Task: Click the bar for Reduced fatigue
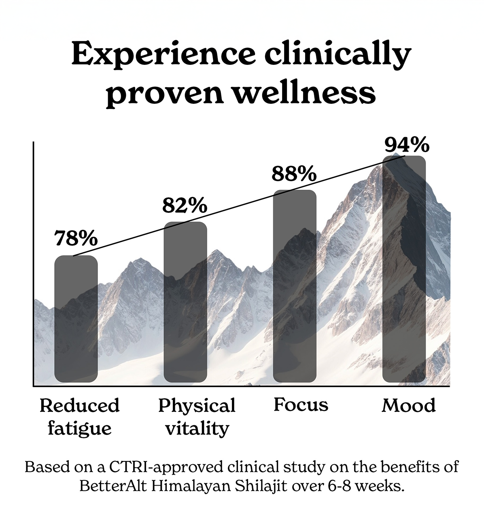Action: click(x=76, y=319)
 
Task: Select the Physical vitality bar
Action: click(x=185, y=302)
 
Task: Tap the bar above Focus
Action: click(x=295, y=286)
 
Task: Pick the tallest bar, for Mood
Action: click(x=404, y=269)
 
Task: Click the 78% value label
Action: click(x=76, y=238)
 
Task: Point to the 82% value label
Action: click(x=185, y=206)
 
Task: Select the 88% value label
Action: click(x=294, y=174)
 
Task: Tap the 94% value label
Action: click(x=406, y=145)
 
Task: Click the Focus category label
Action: click(x=301, y=405)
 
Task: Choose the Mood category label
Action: click(x=409, y=405)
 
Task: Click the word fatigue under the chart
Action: click(x=79, y=428)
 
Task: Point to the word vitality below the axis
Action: click(x=197, y=428)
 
